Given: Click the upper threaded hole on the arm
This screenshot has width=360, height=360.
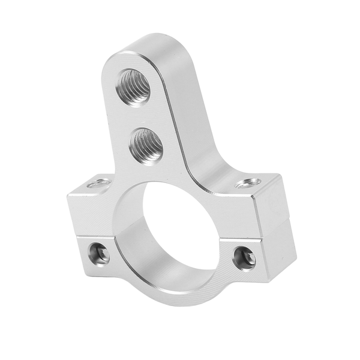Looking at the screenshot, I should (135, 87).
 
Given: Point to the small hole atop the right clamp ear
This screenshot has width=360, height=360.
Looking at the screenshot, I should (247, 182).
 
